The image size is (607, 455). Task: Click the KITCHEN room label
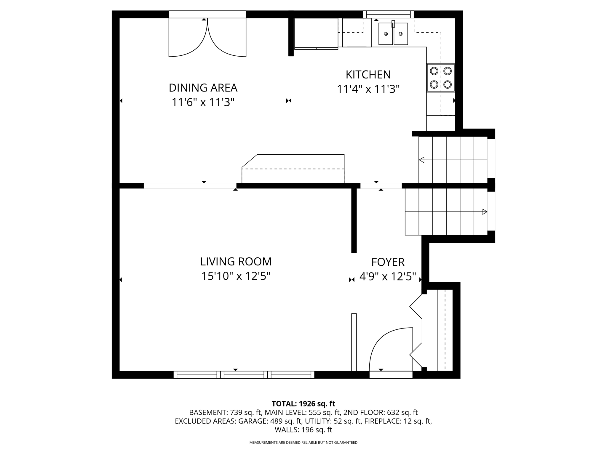click(x=368, y=75)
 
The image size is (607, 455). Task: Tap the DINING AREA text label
click(x=203, y=88)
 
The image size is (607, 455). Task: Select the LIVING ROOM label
click(x=236, y=262)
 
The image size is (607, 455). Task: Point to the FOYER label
click(x=388, y=262)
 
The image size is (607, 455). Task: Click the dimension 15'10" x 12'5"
click(x=236, y=276)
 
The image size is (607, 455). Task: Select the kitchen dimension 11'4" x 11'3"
click(x=368, y=89)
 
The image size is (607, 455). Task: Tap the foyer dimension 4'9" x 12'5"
click(x=388, y=277)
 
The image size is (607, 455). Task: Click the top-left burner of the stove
click(x=434, y=71)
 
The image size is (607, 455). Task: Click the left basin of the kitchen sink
click(x=386, y=34)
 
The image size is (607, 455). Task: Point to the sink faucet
click(x=393, y=24)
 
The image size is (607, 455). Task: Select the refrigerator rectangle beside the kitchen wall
click(x=316, y=33)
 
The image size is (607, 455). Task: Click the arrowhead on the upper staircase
click(x=421, y=160)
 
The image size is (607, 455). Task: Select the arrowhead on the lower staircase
click(x=485, y=212)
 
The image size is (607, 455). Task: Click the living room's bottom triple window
click(x=244, y=375)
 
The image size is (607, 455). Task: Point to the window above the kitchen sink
click(x=388, y=14)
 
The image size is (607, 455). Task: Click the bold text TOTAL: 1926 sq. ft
click(x=303, y=404)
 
